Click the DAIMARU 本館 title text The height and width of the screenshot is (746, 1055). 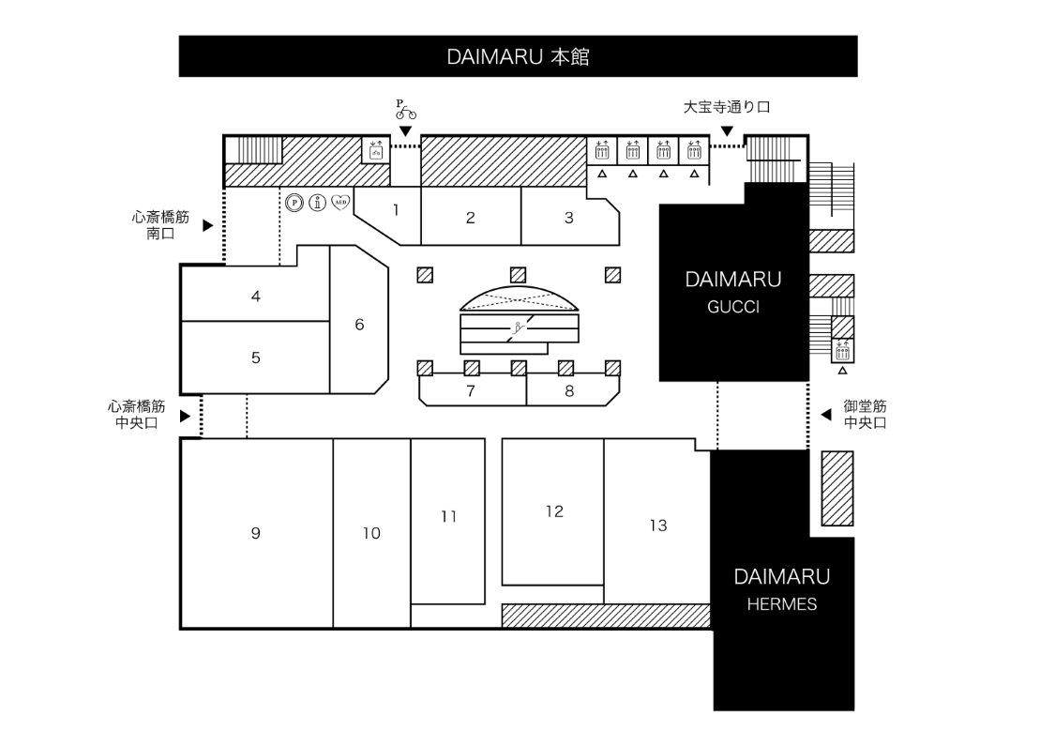[x=518, y=56]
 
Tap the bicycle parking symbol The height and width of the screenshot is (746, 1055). [x=405, y=111]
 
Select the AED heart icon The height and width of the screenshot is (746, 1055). [x=341, y=202]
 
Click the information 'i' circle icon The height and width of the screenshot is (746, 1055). [x=318, y=202]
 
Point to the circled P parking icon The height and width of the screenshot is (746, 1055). [x=294, y=202]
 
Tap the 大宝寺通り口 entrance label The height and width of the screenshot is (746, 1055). [x=727, y=107]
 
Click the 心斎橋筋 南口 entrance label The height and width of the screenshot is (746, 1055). [x=160, y=225]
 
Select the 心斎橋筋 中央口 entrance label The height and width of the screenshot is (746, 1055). [x=137, y=415]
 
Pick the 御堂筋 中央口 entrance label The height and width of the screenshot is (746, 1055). [x=866, y=415]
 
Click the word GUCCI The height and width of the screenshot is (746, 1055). [x=733, y=307]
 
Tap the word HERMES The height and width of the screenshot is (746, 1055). [x=782, y=604]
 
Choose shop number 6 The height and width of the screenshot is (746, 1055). [x=359, y=325]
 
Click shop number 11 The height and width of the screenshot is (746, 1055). [x=449, y=516]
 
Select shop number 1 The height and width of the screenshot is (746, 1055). [x=397, y=210]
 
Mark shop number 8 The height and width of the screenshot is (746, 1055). [x=569, y=391]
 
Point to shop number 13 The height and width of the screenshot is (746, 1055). [x=658, y=525]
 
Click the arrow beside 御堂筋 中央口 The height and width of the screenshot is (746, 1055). [x=826, y=415]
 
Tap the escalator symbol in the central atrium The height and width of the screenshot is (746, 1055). [x=519, y=328]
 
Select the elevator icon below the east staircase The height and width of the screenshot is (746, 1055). [x=842, y=350]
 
